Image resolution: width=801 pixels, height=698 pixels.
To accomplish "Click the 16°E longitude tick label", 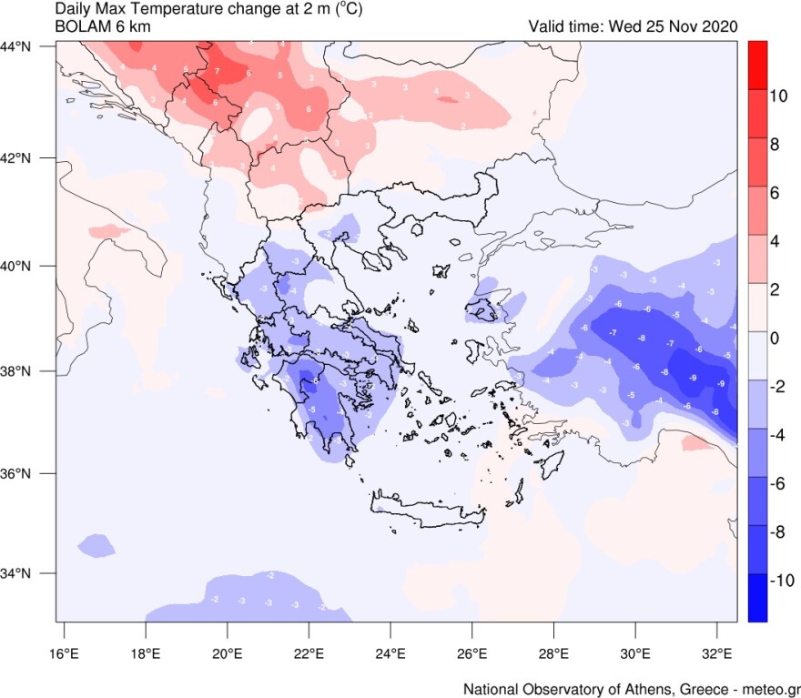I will tap(64, 652).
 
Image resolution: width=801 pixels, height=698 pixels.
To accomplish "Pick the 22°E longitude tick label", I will tap(309, 652).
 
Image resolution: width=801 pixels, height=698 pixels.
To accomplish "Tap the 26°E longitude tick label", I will tap(472, 652).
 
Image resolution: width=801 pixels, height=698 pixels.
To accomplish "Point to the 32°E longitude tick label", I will tap(718, 652).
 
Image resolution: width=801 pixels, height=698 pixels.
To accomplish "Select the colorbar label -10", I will tap(779, 581).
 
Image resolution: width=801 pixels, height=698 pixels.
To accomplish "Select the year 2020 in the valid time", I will tap(720, 25).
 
